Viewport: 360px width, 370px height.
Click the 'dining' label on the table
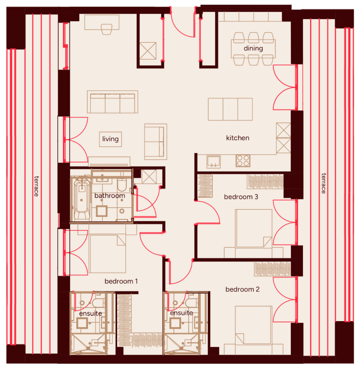coord(253,48)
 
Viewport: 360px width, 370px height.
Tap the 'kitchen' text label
coord(238,138)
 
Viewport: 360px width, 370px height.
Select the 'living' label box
coord(110,139)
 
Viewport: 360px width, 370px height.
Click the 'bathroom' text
coord(109,196)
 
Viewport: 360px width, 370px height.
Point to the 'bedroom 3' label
coord(241,197)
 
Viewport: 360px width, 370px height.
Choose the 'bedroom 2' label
coord(242,289)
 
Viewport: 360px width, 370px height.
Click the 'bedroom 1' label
coord(121,281)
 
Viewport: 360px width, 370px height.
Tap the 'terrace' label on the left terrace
coord(36,186)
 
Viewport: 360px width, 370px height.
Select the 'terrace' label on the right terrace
coord(324,183)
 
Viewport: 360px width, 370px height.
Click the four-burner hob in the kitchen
coord(243,161)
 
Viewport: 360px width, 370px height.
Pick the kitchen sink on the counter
coord(214,162)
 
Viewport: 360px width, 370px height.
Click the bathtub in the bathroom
coord(82,199)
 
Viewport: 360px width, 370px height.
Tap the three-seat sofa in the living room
coord(112,102)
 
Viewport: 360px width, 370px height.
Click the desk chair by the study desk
coord(107,29)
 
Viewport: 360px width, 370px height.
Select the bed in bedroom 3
coord(253,228)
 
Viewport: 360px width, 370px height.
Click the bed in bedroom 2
coord(253,325)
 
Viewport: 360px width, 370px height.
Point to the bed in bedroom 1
coord(108,254)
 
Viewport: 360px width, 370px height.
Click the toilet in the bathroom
coord(122,185)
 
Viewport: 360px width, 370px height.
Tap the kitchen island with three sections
coord(230,109)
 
